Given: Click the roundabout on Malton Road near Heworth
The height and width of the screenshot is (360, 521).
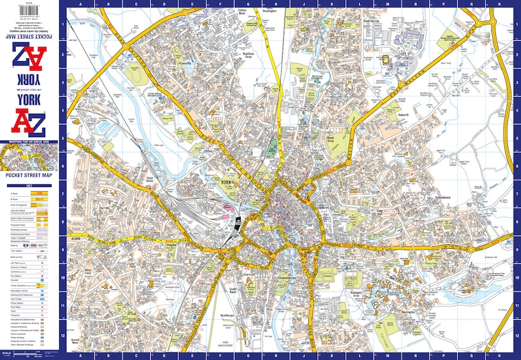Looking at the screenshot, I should tap(399, 84).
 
